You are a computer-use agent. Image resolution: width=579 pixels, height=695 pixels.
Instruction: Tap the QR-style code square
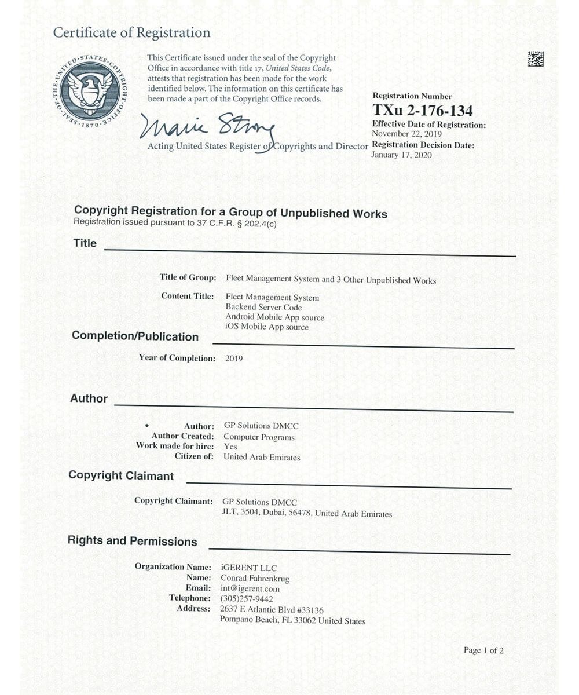click(536, 58)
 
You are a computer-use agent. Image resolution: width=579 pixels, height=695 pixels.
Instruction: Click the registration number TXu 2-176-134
click(422, 111)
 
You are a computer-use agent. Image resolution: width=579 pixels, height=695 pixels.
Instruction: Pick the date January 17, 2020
click(402, 155)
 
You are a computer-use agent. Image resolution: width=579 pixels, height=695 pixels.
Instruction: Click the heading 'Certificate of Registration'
click(131, 32)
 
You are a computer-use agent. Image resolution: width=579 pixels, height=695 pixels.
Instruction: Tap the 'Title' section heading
click(85, 243)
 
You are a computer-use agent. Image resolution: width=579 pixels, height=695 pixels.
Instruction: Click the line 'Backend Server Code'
click(264, 307)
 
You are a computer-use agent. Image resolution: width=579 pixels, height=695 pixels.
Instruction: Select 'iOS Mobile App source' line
click(267, 327)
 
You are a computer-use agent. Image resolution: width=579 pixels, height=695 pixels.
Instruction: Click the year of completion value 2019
click(234, 359)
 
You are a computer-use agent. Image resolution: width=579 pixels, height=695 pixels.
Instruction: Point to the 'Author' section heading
click(89, 398)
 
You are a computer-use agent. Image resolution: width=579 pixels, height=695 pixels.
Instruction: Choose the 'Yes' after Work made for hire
click(230, 447)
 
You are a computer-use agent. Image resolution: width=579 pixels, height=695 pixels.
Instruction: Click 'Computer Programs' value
click(259, 437)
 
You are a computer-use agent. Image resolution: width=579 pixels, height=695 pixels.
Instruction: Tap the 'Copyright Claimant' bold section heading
click(121, 475)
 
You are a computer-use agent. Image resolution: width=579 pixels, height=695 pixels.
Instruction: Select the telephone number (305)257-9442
click(247, 598)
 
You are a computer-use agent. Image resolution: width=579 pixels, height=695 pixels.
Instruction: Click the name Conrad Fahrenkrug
click(255, 578)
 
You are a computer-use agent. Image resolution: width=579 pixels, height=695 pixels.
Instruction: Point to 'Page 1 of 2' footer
click(483, 650)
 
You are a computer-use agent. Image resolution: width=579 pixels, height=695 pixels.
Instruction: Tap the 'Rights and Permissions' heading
click(133, 541)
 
